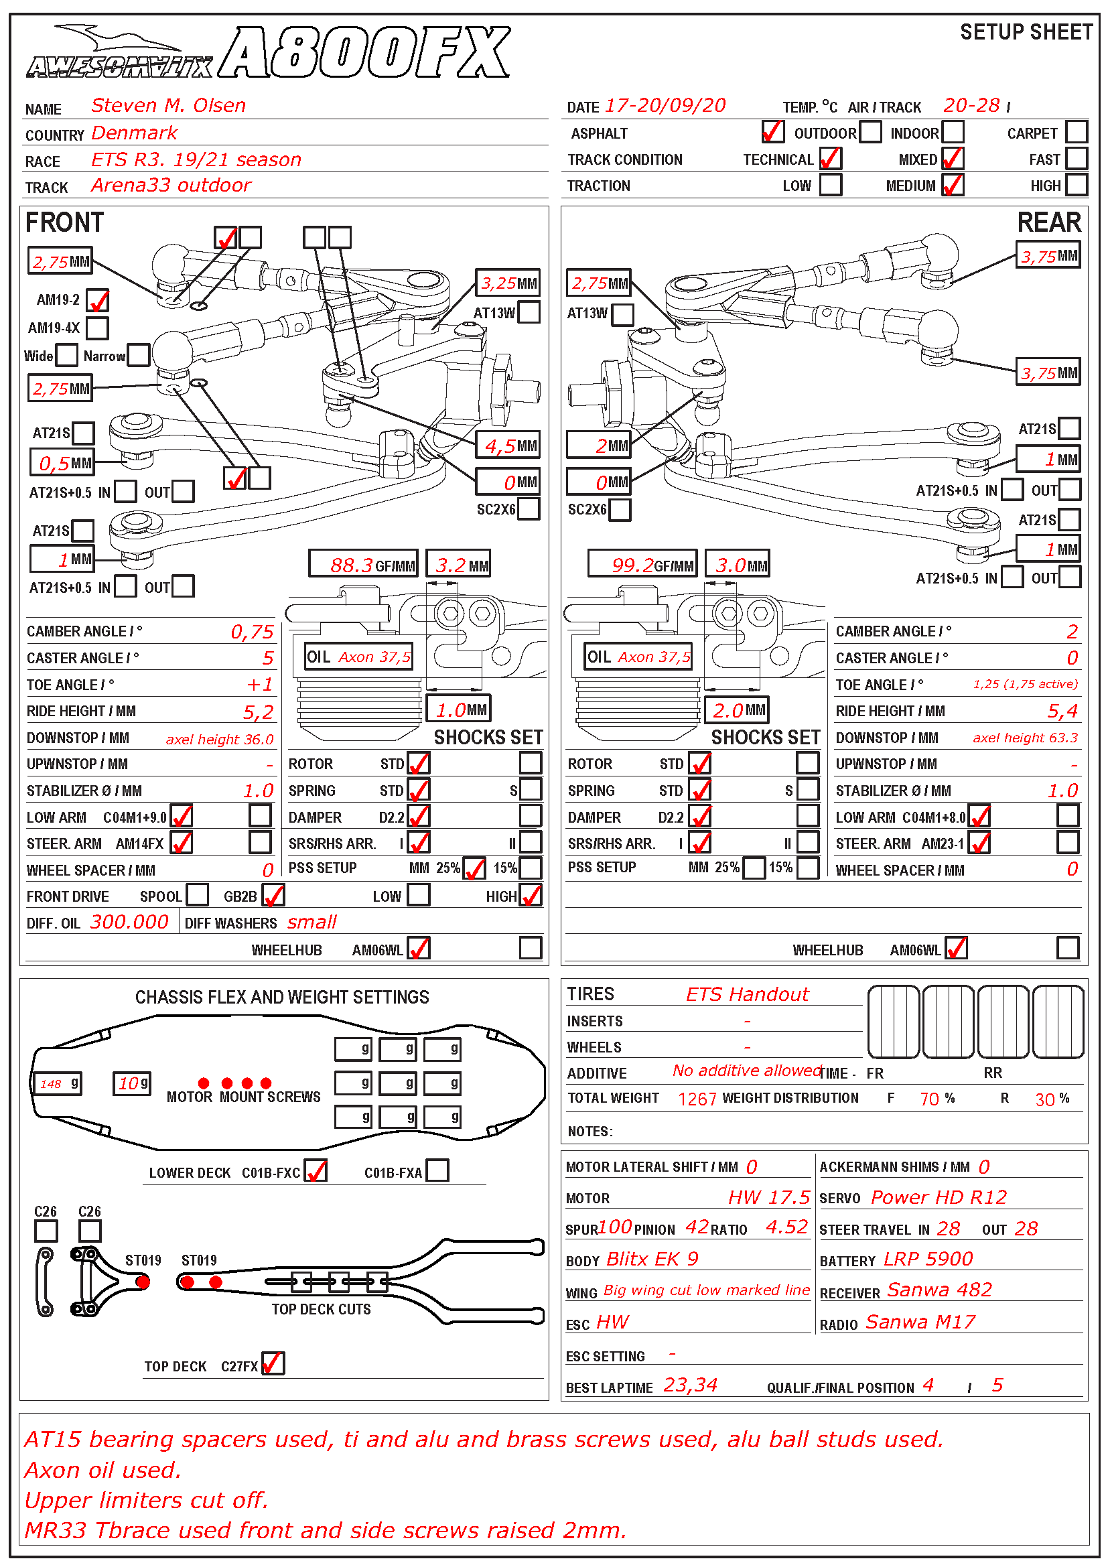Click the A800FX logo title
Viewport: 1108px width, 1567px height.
click(366, 53)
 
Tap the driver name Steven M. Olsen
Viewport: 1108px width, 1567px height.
click(169, 106)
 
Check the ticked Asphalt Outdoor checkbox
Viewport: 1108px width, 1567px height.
click(772, 132)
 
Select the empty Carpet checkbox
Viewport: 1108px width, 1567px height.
click(1076, 132)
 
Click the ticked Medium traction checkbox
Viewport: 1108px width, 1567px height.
click(953, 185)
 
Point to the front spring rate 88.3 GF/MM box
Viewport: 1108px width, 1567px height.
click(363, 564)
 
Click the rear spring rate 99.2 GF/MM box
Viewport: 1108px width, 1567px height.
click(642, 564)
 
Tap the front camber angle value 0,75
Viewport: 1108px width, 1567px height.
click(252, 632)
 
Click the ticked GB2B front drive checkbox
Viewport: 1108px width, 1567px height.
click(273, 896)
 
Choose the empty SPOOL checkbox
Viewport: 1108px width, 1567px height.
click(197, 896)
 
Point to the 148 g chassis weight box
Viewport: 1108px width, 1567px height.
click(59, 1083)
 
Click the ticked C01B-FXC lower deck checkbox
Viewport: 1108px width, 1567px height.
click(316, 1171)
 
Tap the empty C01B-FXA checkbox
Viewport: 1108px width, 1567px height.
click(437, 1171)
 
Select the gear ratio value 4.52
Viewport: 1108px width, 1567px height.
click(786, 1228)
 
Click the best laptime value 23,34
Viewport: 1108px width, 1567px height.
click(690, 1385)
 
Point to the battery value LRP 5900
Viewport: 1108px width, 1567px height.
click(928, 1259)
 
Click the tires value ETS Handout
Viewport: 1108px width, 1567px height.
click(746, 994)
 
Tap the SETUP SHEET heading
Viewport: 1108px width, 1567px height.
click(1026, 32)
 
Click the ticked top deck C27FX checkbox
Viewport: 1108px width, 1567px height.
click(273, 1363)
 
